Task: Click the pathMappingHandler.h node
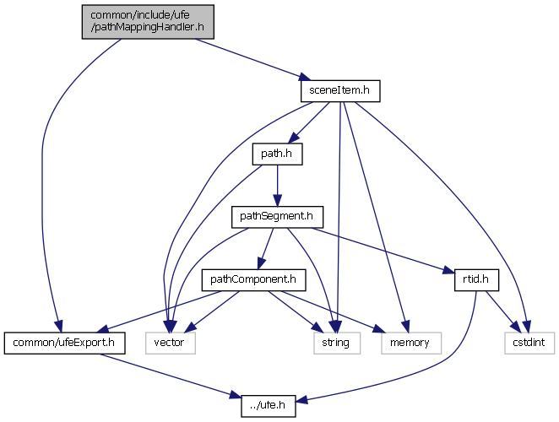[x=148, y=21]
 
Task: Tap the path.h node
[x=277, y=154]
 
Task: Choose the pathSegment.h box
[x=277, y=217]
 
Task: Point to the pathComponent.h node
[x=252, y=279]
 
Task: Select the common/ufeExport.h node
[x=65, y=343]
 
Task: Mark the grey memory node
[x=409, y=343]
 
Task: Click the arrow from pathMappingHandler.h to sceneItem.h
[x=245, y=58]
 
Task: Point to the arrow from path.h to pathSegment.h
[x=277, y=186]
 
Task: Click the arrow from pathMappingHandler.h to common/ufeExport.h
[x=51, y=169]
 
